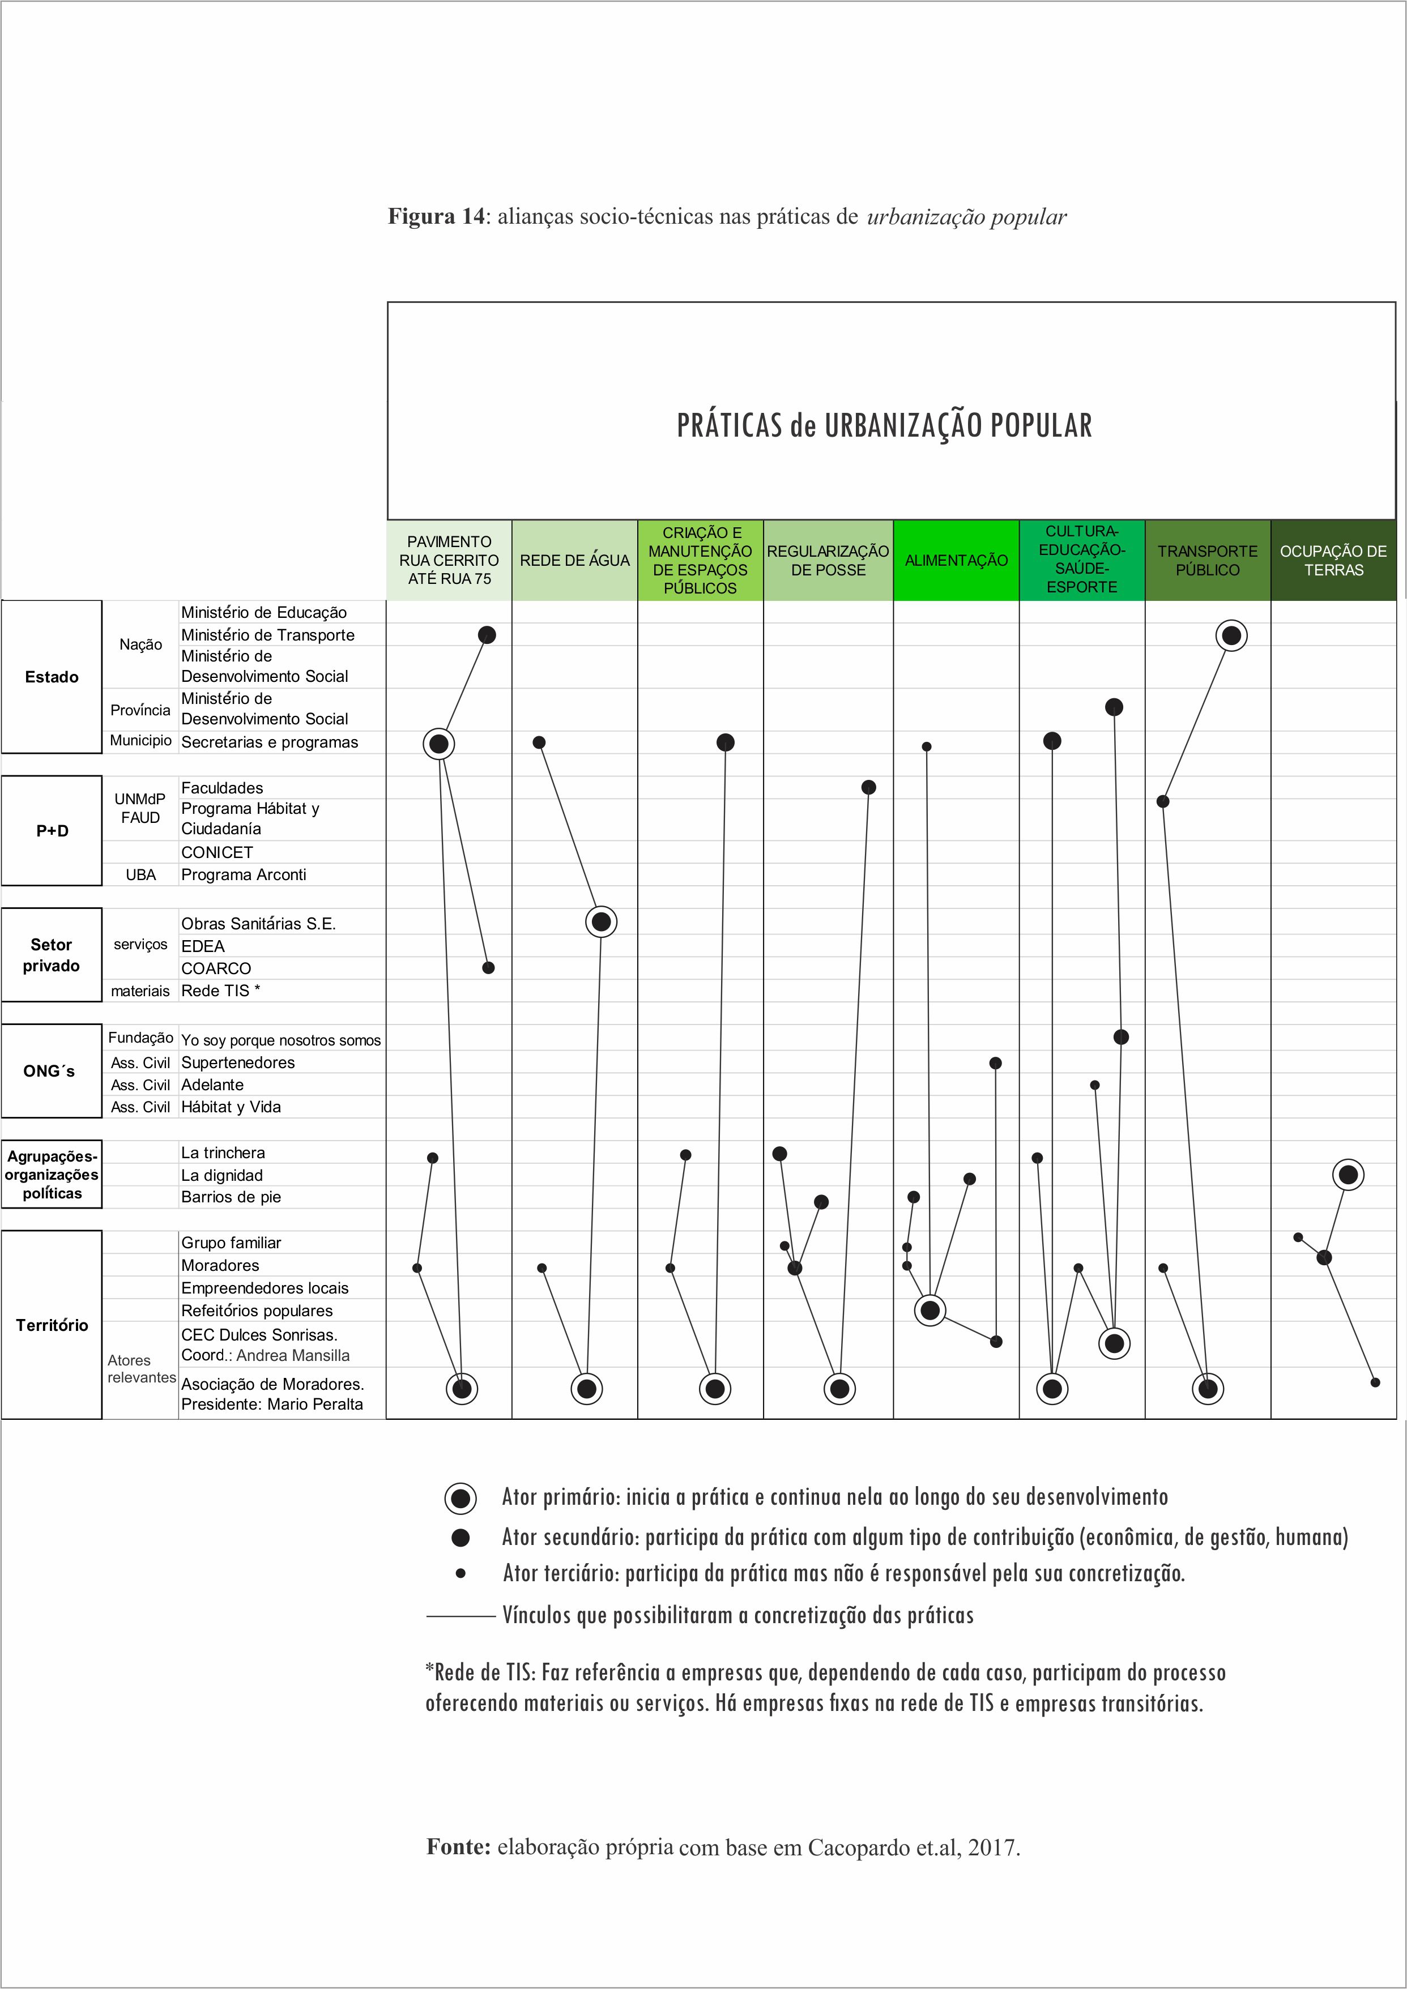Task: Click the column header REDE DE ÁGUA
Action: [x=574, y=561]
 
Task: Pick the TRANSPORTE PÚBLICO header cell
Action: [x=1207, y=561]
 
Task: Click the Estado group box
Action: [x=52, y=677]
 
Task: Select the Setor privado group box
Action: [x=52, y=955]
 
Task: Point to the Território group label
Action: [x=52, y=1325]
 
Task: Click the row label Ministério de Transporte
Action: [x=268, y=635]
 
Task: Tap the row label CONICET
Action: [x=216, y=852]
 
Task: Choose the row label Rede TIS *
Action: [x=220, y=990]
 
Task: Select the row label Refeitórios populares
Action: [x=257, y=1311]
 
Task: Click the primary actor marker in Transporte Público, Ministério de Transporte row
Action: [x=1231, y=636]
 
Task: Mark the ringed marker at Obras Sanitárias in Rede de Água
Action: [x=602, y=922]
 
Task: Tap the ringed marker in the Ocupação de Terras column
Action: [x=1348, y=1175]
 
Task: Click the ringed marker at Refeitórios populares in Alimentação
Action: [x=931, y=1311]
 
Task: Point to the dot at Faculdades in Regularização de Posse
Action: [x=869, y=787]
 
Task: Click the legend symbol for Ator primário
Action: [x=460, y=1498]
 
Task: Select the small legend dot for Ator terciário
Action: [x=461, y=1573]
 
